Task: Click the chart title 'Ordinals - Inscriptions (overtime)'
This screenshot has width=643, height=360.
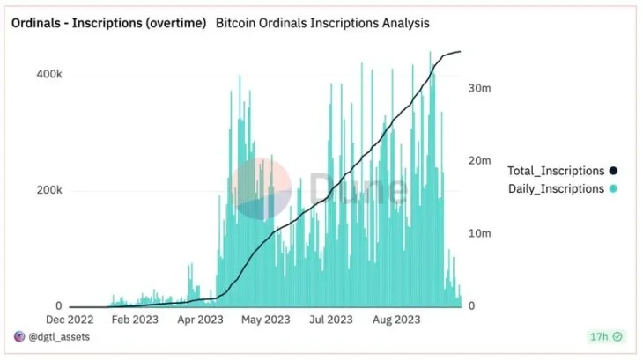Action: click(x=108, y=22)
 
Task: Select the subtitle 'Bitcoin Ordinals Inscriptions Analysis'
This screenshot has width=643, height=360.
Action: click(x=323, y=22)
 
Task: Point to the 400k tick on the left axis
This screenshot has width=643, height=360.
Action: click(x=48, y=75)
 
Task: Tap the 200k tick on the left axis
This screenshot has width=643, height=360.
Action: click(x=48, y=191)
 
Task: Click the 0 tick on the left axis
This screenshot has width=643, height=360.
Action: click(x=57, y=306)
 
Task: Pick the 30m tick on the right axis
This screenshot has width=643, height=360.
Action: click(x=478, y=88)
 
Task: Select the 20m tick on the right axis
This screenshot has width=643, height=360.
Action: click(x=478, y=161)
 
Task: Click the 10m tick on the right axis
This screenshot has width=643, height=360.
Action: click(x=478, y=234)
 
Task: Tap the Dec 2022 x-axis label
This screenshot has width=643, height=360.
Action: click(x=70, y=320)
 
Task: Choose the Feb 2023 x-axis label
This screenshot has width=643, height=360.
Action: click(x=135, y=320)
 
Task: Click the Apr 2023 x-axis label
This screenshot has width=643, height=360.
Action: click(x=201, y=320)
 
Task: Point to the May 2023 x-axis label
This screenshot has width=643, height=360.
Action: click(x=265, y=320)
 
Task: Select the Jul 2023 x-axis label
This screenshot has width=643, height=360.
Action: click(x=330, y=320)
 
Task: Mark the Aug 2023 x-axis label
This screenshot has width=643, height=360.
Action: click(x=395, y=320)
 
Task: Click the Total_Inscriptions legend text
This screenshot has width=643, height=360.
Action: click(x=556, y=171)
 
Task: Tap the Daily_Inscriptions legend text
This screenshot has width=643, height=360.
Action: click(x=556, y=188)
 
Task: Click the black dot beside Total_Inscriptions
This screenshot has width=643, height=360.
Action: click(x=613, y=171)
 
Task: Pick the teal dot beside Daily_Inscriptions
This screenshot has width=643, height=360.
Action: click(x=613, y=188)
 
